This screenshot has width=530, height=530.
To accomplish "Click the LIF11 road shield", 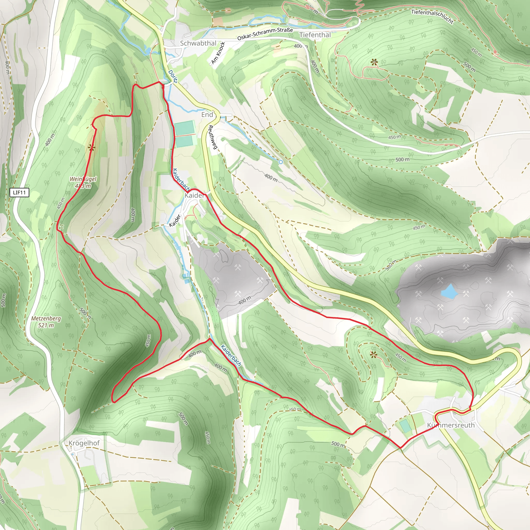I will (x=19, y=192).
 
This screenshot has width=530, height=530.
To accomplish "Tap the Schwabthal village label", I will (x=198, y=43).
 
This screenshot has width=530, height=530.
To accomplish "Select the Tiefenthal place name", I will (x=315, y=35).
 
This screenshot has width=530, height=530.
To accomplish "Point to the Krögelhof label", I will (x=84, y=443).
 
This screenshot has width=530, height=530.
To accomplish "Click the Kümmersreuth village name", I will (x=451, y=425).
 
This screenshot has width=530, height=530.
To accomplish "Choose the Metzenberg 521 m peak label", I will (x=46, y=322).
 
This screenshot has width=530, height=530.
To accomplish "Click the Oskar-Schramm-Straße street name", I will (x=265, y=34).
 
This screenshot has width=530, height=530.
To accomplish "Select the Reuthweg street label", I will (x=213, y=137).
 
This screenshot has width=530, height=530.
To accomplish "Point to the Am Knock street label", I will (x=218, y=53).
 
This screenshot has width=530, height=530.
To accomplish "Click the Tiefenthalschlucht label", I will (x=432, y=16).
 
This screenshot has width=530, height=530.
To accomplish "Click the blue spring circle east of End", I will (x=280, y=162).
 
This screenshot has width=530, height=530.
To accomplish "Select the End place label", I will (x=207, y=114).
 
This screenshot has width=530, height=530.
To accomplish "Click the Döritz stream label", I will (x=173, y=76).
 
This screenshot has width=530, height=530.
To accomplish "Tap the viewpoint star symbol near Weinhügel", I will (x=92, y=148).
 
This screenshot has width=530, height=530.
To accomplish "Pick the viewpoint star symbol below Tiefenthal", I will (x=374, y=62).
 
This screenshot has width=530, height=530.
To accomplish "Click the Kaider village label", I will (x=194, y=195).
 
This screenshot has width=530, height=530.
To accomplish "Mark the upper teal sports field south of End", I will (x=185, y=128).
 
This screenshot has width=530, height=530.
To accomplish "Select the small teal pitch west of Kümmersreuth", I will (x=405, y=426).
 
